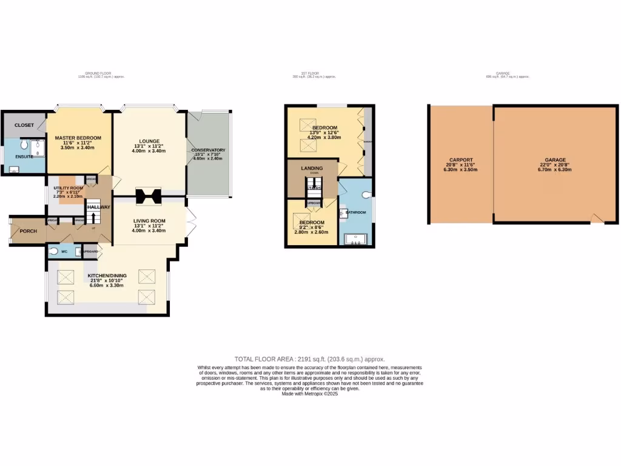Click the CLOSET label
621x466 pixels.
pos(24,125)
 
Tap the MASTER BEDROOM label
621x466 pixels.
pos(78,138)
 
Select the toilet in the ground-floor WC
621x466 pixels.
pos(55,251)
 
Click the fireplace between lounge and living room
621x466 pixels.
pos(149,197)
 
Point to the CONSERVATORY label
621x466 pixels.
pos(208,150)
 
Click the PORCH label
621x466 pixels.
pos(28,231)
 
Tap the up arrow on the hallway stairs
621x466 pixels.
pos(93,217)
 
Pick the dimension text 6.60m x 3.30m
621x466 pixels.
pos(106,285)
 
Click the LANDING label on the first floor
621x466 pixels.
pos(312,168)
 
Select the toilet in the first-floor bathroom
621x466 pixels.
pos(366,195)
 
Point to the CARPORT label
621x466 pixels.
pos(461,160)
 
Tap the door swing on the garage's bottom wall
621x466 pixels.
pos(597,218)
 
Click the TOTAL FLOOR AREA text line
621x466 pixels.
pos(310,359)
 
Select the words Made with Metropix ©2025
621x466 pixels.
pos(310,394)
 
